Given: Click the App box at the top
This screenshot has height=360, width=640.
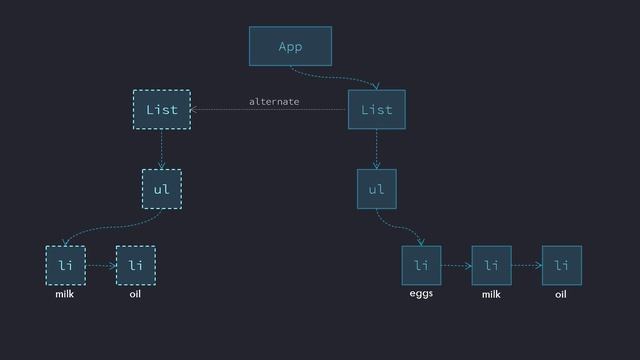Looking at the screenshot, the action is tap(290, 47).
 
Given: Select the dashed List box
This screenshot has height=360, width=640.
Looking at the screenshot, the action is tap(161, 109).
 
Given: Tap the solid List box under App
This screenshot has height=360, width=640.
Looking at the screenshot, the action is tap(376, 109).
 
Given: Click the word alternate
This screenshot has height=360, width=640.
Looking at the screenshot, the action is tap(274, 102).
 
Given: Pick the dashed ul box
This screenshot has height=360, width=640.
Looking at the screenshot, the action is tap(161, 189).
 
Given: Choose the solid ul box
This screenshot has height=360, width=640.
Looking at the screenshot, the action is tap(376, 189).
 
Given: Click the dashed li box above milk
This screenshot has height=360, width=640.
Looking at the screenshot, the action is tap(65, 265).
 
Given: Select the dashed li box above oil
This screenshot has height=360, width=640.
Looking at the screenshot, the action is tap(135, 265).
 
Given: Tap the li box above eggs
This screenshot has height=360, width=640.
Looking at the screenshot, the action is tap(421, 265).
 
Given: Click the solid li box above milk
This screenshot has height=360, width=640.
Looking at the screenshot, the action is tap(491, 265).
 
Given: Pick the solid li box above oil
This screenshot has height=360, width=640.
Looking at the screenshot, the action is tap(561, 265).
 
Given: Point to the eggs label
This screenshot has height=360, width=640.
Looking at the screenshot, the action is tap(421, 295).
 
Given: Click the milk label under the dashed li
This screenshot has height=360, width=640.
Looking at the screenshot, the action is tap(65, 295).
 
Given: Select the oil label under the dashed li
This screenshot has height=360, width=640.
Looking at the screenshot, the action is tap(135, 295).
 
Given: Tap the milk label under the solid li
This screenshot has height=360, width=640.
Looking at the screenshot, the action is tap(491, 295).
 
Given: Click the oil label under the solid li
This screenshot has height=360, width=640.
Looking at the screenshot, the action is tap(561, 295).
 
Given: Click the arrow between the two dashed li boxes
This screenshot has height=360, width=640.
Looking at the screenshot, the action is tap(100, 266).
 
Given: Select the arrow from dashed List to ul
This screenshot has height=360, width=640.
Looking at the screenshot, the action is tap(161, 150).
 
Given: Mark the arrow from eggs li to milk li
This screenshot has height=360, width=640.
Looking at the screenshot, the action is tap(456, 266).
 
